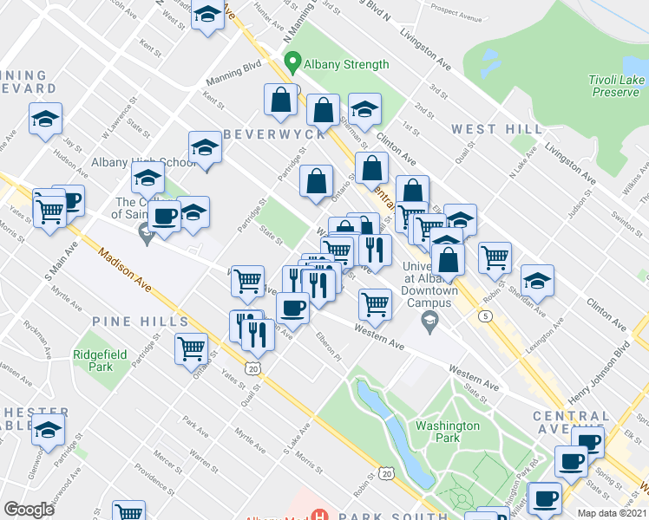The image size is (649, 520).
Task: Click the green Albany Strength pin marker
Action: pyautogui.click(x=292, y=63)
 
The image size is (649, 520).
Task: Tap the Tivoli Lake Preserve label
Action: pyautogui.click(x=616, y=87)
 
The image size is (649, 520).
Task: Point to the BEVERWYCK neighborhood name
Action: pyautogui.click(x=274, y=134)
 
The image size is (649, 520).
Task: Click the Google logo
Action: pyautogui.click(x=29, y=510)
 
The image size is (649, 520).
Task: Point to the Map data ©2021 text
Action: pyautogui.click(x=613, y=513)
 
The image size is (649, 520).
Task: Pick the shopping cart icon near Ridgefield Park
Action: pyautogui.click(x=191, y=348)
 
